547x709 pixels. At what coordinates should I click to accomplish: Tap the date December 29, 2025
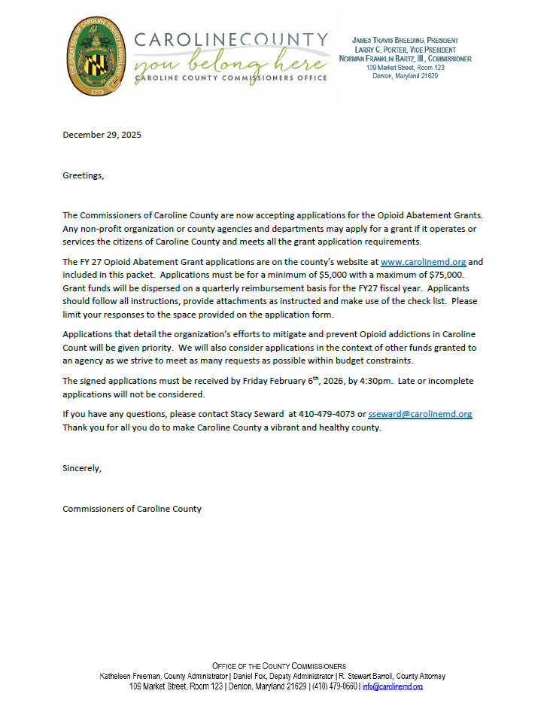pos(102,135)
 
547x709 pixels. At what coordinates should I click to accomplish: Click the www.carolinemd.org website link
pos(424,262)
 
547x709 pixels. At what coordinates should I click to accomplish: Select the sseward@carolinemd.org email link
pos(420,415)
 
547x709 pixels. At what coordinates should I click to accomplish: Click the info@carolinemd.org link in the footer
pos(392,686)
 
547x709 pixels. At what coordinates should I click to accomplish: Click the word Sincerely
pos(81,468)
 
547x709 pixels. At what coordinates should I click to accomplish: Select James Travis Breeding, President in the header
pos(406,40)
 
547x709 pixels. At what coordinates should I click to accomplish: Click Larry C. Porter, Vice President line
pos(406,50)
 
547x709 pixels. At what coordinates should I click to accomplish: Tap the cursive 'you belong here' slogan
pos(229,59)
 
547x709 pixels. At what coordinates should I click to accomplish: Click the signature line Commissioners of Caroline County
pos(132,509)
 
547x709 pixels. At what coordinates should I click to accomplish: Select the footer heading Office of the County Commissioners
pos(278,666)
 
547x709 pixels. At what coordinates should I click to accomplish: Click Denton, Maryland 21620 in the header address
pos(406,76)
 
